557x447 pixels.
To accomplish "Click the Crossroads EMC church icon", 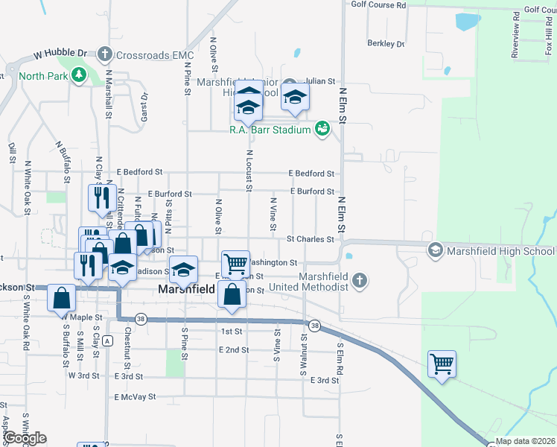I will click(105, 54).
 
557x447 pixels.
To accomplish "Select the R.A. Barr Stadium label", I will click(270, 130).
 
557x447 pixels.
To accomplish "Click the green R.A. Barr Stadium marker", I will click(322, 129).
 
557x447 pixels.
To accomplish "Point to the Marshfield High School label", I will click(500, 251).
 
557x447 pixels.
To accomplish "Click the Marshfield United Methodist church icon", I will click(360, 281).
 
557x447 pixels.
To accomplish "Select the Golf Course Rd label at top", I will click(378, 5).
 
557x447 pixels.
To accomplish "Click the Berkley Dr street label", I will click(386, 44).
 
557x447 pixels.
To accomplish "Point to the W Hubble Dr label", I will click(60, 54).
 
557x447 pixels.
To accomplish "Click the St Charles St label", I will click(311, 239).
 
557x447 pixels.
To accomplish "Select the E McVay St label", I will click(135, 398).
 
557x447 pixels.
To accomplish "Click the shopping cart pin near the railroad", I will click(442, 365).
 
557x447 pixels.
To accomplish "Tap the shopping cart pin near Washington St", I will click(235, 264).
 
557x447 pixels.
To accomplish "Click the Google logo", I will click(24, 438).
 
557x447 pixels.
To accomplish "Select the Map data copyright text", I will click(526, 441).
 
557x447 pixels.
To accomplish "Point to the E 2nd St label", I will click(234, 349).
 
